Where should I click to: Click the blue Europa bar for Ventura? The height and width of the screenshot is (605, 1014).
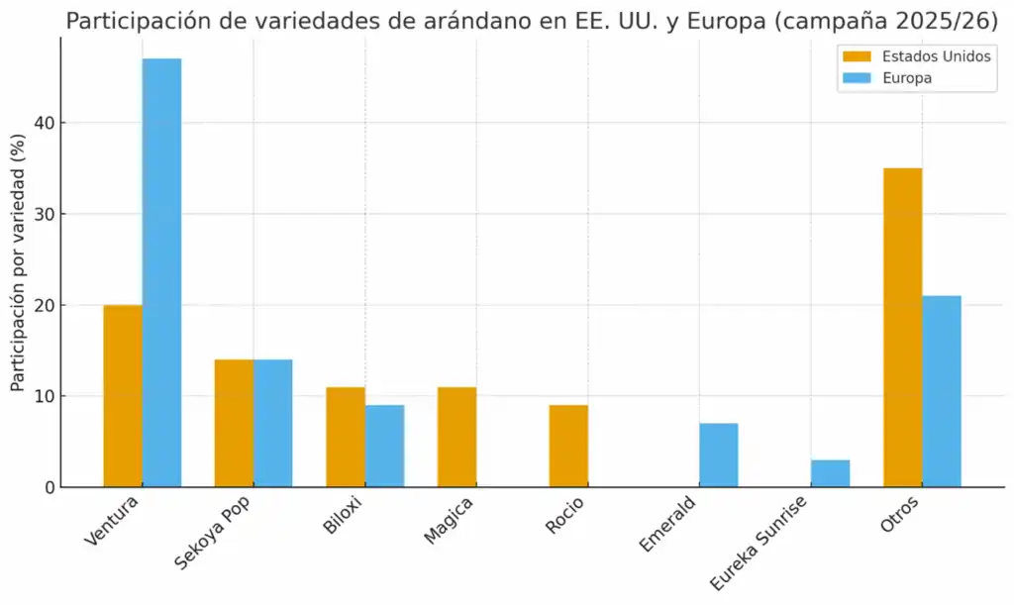click(161, 272)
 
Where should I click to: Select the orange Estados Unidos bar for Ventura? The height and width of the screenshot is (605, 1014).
click(123, 396)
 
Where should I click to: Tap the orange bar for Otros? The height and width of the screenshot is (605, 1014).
click(902, 327)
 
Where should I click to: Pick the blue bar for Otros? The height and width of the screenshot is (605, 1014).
click(942, 391)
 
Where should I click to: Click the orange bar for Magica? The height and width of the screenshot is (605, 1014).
click(456, 437)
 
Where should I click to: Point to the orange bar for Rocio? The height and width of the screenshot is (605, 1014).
click(568, 446)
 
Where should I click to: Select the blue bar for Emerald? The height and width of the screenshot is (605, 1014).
click(718, 455)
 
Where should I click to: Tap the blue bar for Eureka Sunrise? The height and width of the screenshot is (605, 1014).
click(830, 473)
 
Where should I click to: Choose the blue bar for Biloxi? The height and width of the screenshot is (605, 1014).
click(384, 446)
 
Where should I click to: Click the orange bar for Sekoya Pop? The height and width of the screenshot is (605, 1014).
click(234, 423)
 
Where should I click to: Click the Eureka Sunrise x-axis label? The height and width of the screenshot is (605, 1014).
click(760, 544)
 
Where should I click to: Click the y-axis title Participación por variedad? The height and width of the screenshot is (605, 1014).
click(17, 267)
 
